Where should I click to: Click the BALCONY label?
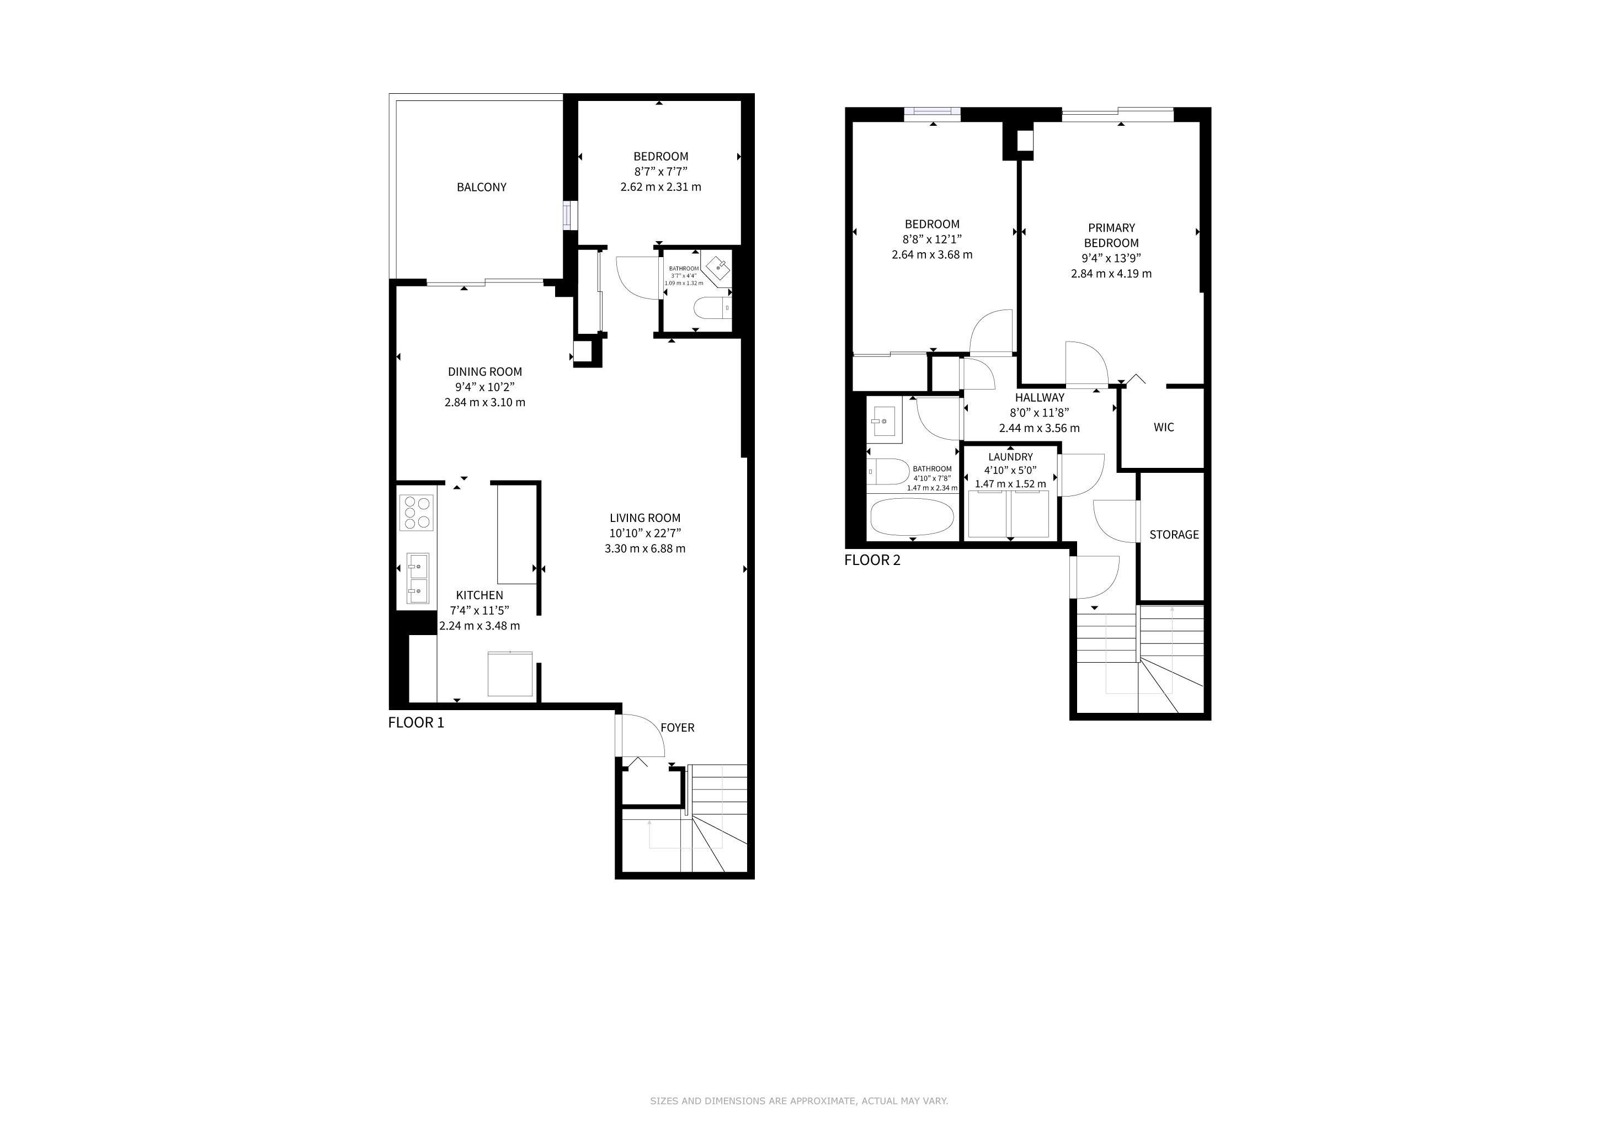[482, 187]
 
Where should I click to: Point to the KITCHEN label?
[480, 595]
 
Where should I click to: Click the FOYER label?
[677, 728]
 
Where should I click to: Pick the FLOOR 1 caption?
[416, 723]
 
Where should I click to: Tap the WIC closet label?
[1164, 427]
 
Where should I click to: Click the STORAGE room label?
[1174, 535]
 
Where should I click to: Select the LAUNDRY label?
[1010, 457]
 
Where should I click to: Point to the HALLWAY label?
[1040, 398]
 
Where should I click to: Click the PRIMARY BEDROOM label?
[1111, 235]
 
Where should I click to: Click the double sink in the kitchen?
[418, 579]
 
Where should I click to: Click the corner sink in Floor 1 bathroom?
[717, 269]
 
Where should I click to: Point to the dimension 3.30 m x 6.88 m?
[645, 549]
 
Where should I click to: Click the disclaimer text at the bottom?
[799, 1101]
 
